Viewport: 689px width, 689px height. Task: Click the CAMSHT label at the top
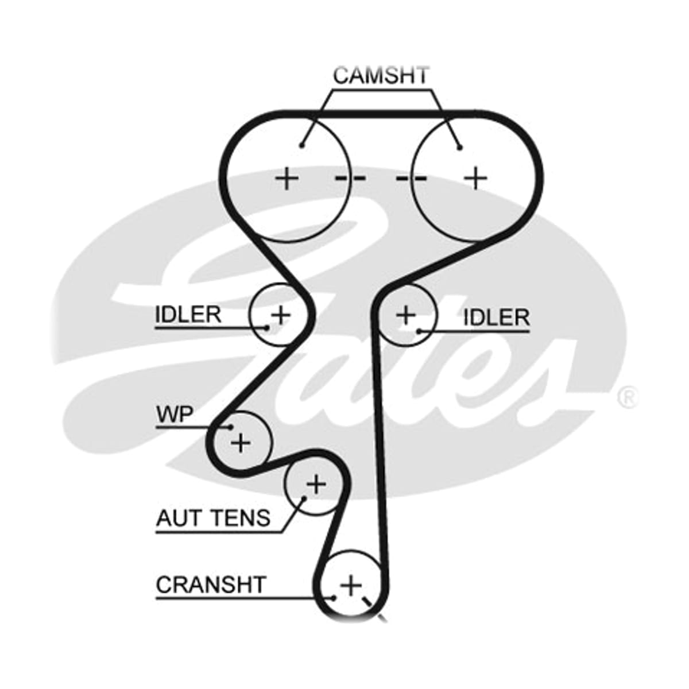381,75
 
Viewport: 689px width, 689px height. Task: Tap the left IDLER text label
188,315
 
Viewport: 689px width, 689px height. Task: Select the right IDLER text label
496,317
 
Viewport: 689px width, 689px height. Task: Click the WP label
175,414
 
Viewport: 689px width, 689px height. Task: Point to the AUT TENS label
213,517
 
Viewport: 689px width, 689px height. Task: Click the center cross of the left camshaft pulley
287,178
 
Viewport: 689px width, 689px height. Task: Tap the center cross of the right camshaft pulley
475,178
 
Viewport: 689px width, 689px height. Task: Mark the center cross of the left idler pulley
281,315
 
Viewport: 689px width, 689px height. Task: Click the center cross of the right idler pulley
407,315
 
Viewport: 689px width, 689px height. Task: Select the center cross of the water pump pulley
241,443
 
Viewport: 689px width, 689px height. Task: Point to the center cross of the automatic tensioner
316,485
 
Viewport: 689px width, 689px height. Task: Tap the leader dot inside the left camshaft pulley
302,145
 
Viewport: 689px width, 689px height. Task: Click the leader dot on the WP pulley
231,427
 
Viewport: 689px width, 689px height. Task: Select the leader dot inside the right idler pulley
419,331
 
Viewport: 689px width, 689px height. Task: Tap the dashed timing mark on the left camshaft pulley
350,177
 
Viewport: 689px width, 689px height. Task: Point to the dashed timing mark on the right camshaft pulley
412,177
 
